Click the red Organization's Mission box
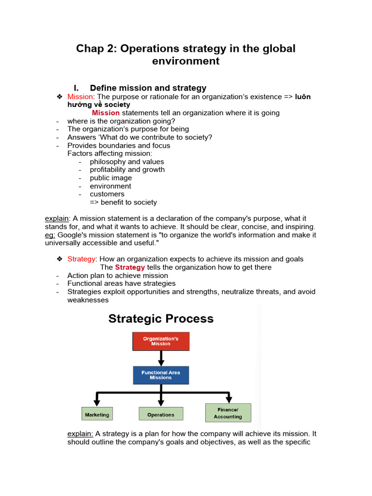pos(161,341)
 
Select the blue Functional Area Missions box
pos(161,375)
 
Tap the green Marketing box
pos(97,415)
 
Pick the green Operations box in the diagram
pos(161,415)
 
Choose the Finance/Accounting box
pos(228,413)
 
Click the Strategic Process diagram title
pos(161,319)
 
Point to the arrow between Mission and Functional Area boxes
pos(161,358)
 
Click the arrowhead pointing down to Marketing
pos(97,402)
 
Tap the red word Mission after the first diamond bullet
pos(79,97)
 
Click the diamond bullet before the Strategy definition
pos(60,259)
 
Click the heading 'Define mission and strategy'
pos(148,88)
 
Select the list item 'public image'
pos(110,178)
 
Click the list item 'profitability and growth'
pos(127,170)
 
